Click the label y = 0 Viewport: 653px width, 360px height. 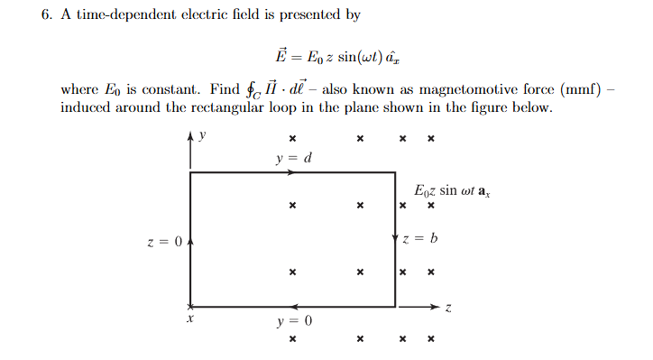coord(294,320)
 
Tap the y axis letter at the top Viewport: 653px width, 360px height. coord(203,136)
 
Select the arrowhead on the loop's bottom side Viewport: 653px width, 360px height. coord(294,306)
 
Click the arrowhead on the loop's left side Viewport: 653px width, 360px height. coord(190,241)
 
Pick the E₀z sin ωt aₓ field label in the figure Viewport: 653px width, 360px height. coord(451,192)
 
